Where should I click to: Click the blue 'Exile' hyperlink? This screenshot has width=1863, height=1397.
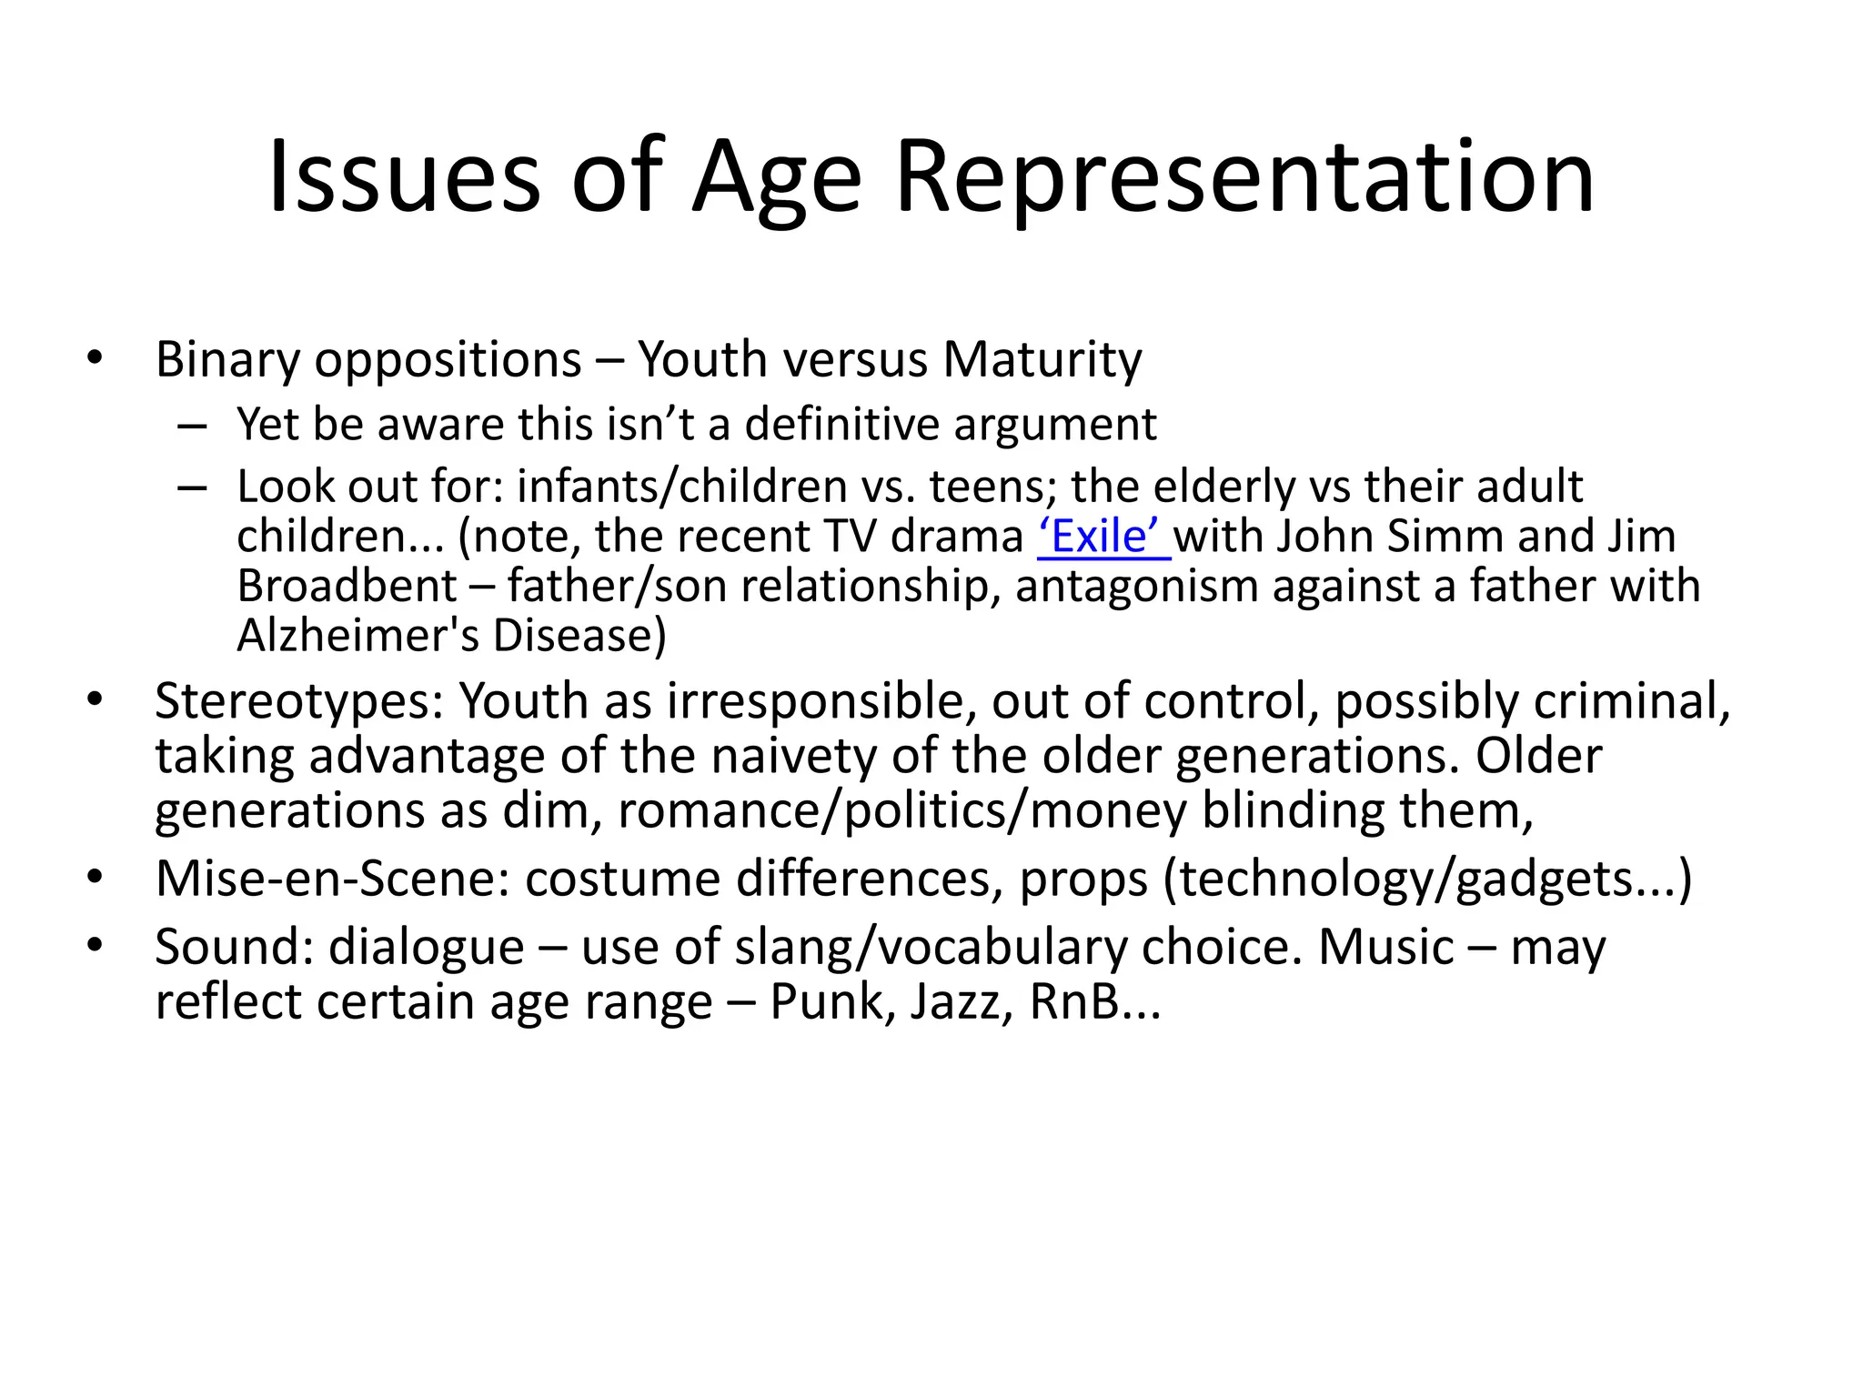1103,537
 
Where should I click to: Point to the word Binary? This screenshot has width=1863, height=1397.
227,361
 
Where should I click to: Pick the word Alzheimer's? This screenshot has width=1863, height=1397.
345,636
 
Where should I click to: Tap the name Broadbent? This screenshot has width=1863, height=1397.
347,586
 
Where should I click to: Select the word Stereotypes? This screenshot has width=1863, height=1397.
299,702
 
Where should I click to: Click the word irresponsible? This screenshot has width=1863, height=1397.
821,702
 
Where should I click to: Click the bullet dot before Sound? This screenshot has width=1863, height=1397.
95,946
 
